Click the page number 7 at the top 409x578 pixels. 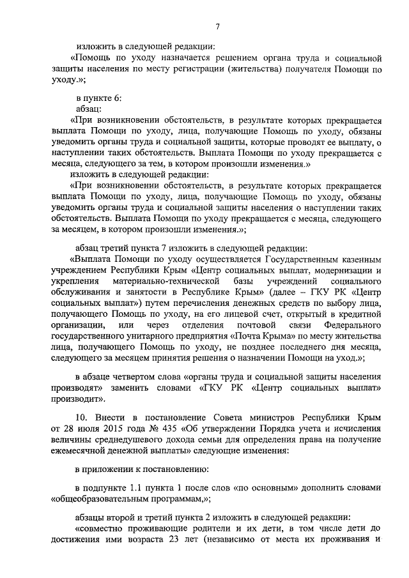(217, 26)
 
